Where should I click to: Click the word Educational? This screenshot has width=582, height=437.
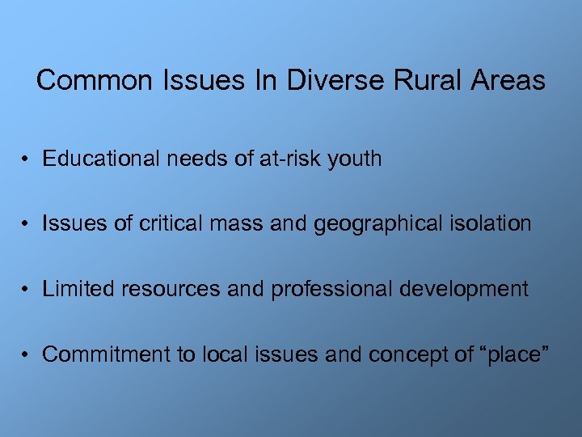102,159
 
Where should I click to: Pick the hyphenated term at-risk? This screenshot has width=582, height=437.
290,159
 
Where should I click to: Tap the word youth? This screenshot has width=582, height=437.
355,159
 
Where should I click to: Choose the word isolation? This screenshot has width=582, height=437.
492,223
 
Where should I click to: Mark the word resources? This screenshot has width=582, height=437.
172,289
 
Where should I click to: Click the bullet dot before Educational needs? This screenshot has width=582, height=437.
27,159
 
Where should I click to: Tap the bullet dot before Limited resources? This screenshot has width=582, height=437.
27,290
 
